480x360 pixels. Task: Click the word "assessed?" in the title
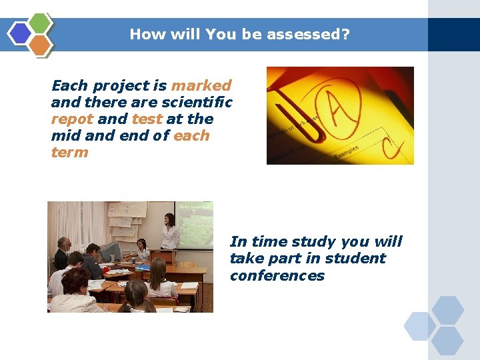click(311, 34)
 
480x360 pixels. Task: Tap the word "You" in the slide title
click(217, 34)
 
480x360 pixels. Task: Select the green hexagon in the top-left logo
click(40, 23)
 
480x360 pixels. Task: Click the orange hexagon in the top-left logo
click(40, 45)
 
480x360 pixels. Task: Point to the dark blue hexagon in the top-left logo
click(20, 33)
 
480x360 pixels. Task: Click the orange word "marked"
click(201, 85)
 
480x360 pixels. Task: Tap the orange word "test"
click(147, 119)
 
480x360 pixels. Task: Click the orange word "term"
click(69, 153)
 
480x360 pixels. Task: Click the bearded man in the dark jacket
click(63, 253)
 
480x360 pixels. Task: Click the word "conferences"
click(277, 276)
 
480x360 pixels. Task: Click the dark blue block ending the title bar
click(453, 35)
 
